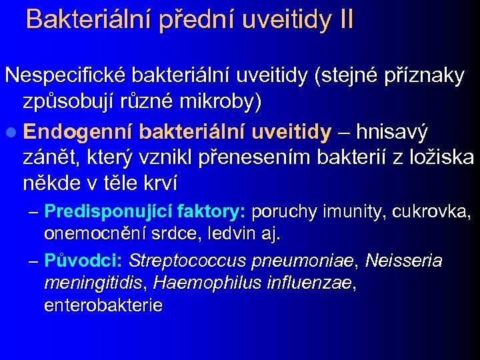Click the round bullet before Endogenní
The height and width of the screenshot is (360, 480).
tap(11, 132)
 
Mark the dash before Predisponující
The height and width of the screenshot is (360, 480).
tap(34, 213)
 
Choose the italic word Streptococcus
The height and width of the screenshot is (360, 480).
tap(186, 260)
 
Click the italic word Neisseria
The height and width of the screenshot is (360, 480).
tap(403, 260)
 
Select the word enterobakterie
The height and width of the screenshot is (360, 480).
tap(103, 305)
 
